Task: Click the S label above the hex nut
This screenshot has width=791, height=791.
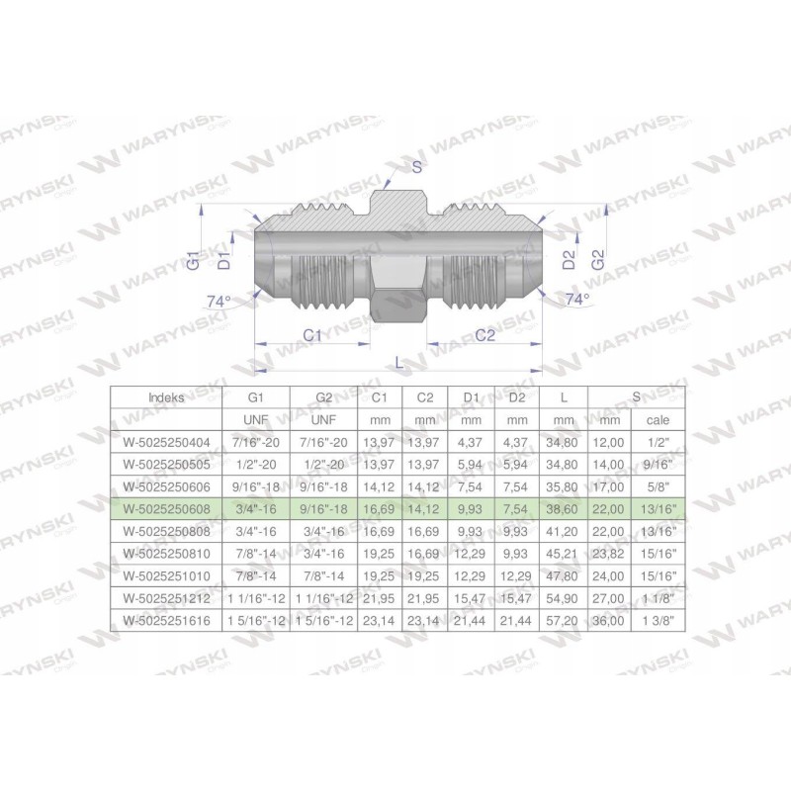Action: click(416, 167)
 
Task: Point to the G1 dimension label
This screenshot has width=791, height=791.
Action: click(194, 261)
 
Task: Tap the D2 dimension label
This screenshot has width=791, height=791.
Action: click(569, 261)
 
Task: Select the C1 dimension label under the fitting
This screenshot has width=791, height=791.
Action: click(312, 335)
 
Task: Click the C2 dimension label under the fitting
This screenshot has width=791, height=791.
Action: click(484, 335)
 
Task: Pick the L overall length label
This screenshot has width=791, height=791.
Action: click(398, 363)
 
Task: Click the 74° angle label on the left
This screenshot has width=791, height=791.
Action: click(218, 301)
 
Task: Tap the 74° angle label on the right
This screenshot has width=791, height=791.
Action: click(576, 298)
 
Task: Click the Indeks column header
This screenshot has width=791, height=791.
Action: click(165, 396)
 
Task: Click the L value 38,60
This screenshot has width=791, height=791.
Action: click(564, 508)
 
